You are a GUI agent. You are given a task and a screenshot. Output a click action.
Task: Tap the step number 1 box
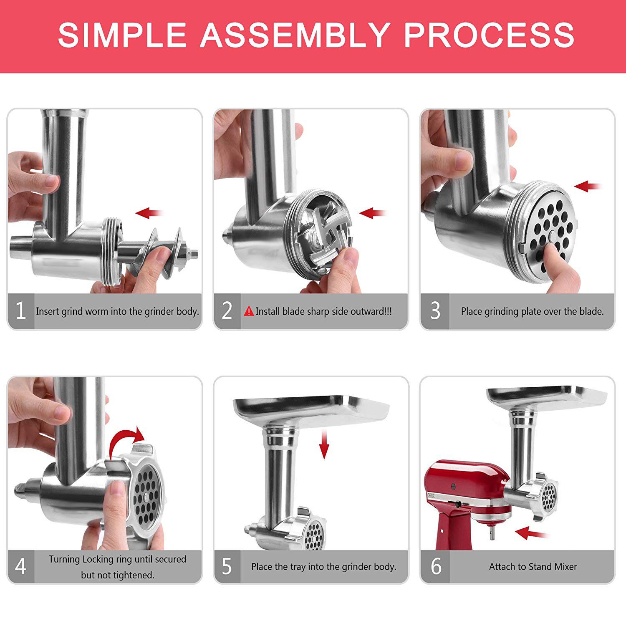pos(20,311)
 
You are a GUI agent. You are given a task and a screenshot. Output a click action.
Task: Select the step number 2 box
pos(227,311)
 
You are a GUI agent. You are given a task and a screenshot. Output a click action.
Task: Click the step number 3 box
pos(435,311)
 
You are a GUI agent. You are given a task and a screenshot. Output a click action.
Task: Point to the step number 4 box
pos(20,566)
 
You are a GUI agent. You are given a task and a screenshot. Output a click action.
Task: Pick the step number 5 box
pos(227,566)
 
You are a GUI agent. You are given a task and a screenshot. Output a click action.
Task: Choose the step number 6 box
pos(435,566)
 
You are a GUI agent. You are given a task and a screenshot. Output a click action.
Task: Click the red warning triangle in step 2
pos(249,311)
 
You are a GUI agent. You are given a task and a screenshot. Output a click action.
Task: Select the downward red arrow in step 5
pos(324,447)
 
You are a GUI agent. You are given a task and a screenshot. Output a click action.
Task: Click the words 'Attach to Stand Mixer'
pos(533,567)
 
